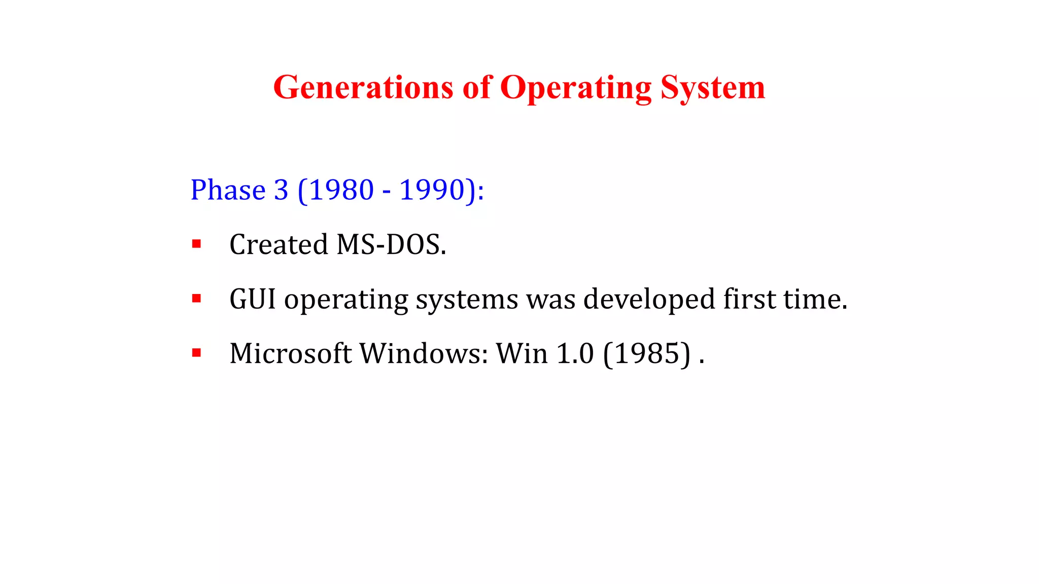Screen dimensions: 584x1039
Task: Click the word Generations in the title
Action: click(363, 87)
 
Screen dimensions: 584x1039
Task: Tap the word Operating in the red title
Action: click(575, 88)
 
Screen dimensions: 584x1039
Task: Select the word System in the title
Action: click(712, 88)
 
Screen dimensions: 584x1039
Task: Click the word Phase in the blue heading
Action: click(228, 190)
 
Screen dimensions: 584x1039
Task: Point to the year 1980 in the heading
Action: click(341, 190)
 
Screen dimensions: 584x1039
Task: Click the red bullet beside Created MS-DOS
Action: click(196, 244)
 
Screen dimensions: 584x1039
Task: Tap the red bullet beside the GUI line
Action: click(196, 299)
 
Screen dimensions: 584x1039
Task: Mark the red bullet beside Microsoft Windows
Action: click(196, 353)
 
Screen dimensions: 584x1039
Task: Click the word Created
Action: click(279, 244)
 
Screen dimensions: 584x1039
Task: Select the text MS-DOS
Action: click(391, 244)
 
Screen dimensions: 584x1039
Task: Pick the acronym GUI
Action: click(253, 299)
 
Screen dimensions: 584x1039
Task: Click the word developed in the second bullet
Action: click(649, 299)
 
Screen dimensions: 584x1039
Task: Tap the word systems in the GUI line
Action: click(467, 300)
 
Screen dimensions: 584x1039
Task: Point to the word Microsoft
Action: click(290, 353)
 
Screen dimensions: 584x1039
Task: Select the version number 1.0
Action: click(575, 353)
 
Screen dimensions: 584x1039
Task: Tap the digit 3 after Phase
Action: click(281, 190)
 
